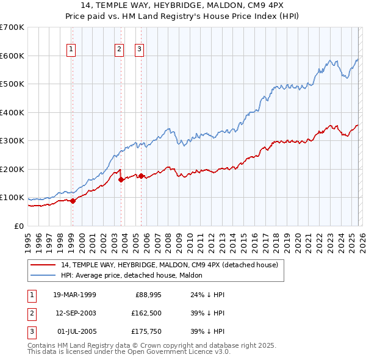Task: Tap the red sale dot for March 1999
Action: tap(73, 200)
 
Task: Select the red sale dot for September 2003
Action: tap(121, 179)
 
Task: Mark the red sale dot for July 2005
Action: tap(141, 176)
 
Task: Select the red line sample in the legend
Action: tap(43, 265)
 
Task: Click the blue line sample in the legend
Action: tap(43, 275)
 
